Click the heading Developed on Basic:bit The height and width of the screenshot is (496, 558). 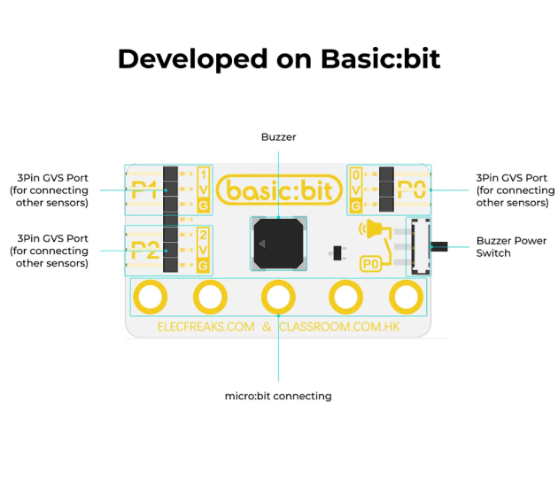pos(279,59)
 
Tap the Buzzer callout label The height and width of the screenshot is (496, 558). pos(279,137)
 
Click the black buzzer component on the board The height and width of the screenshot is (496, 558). pos(279,244)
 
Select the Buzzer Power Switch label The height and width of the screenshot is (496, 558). pos(511,247)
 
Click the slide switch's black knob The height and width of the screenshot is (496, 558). pos(439,246)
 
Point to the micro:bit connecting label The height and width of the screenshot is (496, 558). pos(278,396)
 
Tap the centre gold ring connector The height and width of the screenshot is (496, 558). pos(278,297)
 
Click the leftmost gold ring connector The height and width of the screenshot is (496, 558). pos(151,297)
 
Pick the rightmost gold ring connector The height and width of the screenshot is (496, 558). pos(407,297)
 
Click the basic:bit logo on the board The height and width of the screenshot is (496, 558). pos(279,190)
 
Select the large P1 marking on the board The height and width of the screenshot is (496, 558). pos(144,190)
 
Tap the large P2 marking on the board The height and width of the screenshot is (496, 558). pos(145,250)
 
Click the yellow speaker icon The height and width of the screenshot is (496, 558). pos(371,229)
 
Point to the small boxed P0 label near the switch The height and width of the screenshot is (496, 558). pos(371,264)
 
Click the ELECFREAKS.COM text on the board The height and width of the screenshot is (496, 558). pos(206,327)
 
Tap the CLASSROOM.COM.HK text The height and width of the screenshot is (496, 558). pos(339,327)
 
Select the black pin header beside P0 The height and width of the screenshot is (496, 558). pos(386,190)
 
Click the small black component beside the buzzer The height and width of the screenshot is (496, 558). pos(337,253)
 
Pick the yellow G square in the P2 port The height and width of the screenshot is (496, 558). pos(203,266)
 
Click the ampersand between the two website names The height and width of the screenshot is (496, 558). pos(267,327)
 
